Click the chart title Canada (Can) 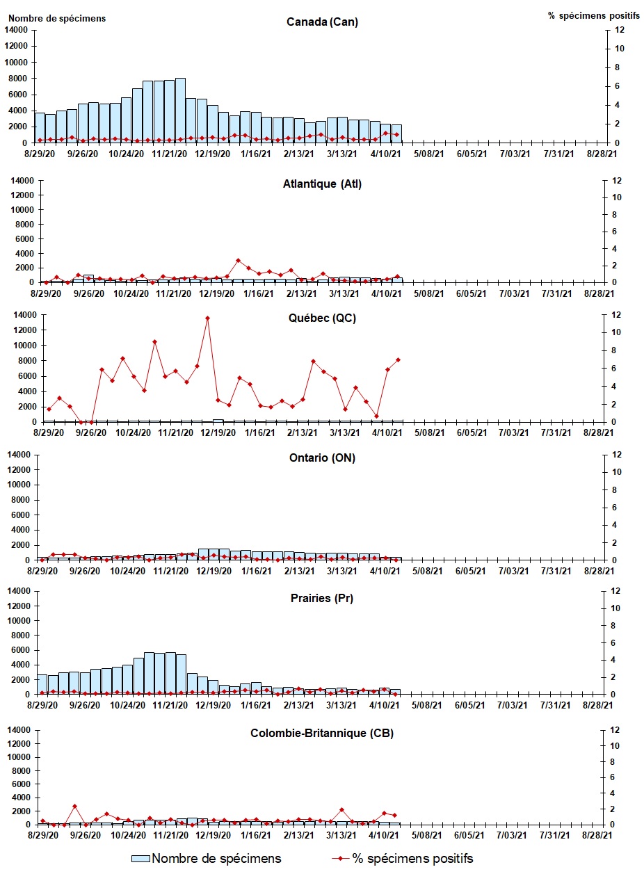click(x=322, y=22)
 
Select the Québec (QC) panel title click(x=322, y=319)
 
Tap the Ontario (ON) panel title click(x=322, y=458)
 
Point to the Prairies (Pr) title click(x=322, y=598)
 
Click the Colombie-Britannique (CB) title click(x=322, y=734)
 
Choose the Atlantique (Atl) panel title click(x=322, y=184)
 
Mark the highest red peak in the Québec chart click(x=207, y=318)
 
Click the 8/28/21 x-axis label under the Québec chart click(x=597, y=432)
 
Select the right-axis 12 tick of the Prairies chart click(x=614, y=591)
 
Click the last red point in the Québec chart click(x=398, y=359)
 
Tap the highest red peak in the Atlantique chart click(x=238, y=261)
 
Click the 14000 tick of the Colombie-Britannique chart click(x=17, y=730)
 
